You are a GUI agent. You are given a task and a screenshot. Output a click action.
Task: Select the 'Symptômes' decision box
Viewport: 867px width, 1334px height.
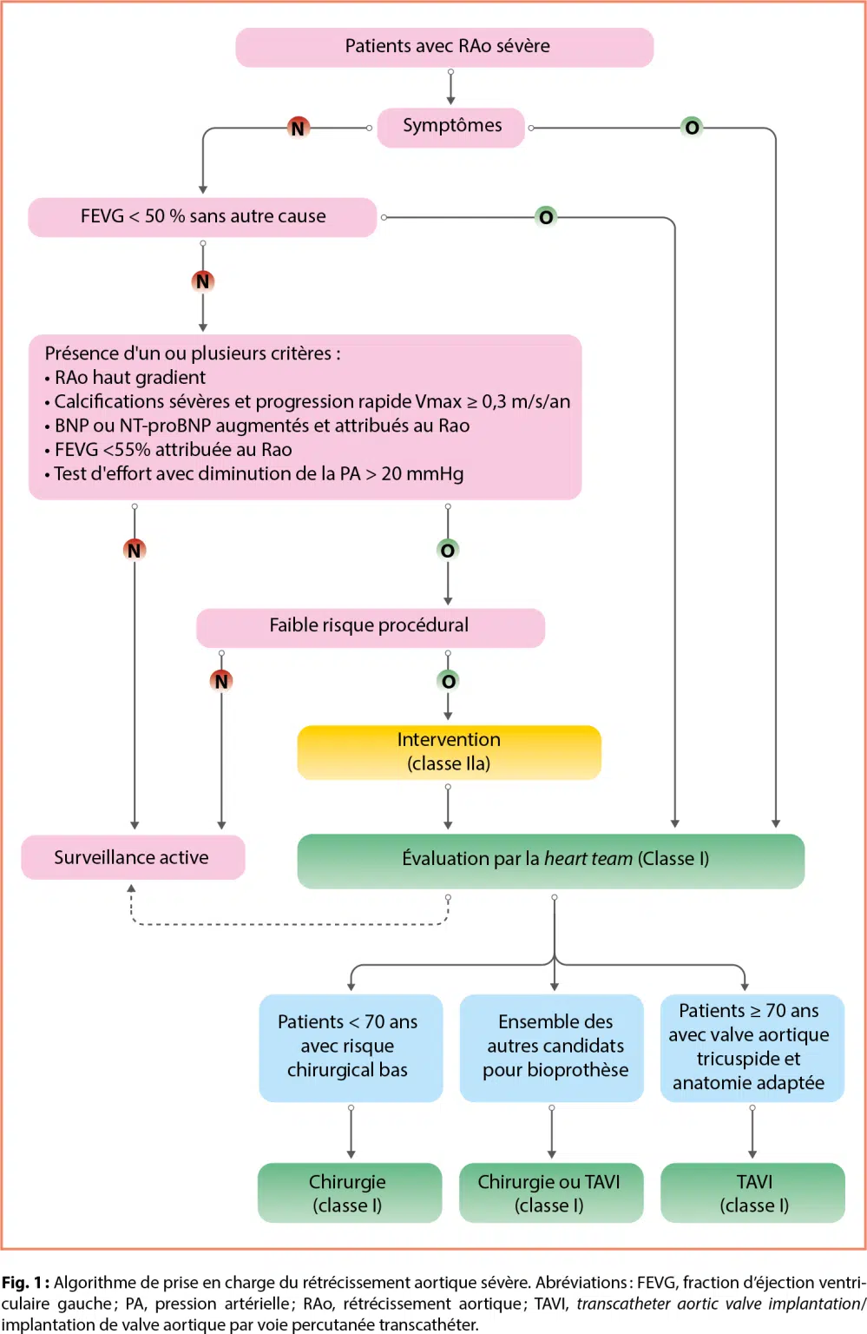point(451,127)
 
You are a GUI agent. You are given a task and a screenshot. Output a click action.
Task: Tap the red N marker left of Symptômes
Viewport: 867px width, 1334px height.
point(298,129)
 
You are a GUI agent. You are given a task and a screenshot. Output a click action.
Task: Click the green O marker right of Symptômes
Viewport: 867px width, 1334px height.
point(692,128)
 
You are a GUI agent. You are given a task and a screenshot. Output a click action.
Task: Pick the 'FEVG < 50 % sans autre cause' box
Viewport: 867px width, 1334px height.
point(203,216)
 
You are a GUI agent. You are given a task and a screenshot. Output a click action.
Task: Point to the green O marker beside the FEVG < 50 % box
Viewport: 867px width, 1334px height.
point(546,217)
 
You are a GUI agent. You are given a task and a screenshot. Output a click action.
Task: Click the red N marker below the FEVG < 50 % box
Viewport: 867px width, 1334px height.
point(203,281)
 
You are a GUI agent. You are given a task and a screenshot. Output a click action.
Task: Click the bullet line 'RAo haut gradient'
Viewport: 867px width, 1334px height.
point(130,378)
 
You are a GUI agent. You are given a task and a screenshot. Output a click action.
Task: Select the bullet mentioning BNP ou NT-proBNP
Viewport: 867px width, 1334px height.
point(261,426)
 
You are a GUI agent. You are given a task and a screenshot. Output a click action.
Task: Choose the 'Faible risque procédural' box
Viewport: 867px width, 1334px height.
point(370,626)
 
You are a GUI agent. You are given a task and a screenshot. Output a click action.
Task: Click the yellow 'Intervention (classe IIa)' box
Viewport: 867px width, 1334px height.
point(449,752)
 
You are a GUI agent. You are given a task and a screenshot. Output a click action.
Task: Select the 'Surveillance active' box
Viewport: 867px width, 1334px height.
point(133,858)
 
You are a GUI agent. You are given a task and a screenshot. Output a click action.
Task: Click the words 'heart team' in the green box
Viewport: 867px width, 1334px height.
point(588,859)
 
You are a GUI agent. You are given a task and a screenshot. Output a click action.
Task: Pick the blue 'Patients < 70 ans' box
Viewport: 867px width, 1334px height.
point(350,1047)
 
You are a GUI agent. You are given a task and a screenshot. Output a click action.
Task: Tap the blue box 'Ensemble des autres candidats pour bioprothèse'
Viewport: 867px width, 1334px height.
point(552,1047)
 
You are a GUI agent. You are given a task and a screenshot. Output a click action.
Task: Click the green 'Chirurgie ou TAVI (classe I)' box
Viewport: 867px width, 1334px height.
point(550,1193)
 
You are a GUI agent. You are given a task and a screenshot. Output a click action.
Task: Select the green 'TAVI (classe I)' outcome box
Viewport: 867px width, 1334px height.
point(752,1193)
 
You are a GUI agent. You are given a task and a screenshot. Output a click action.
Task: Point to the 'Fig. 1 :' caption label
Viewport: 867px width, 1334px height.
point(25,1283)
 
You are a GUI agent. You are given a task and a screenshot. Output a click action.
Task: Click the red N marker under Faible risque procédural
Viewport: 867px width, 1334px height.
point(221,681)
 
